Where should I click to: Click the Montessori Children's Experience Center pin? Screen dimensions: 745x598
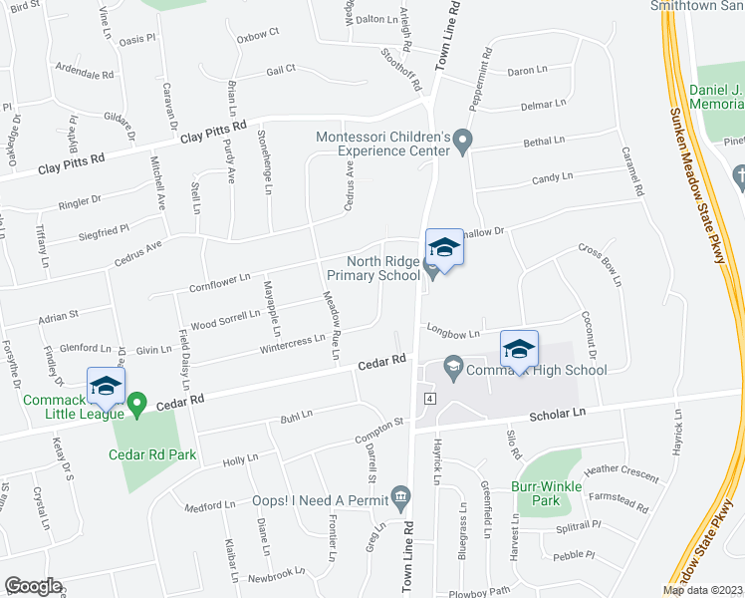[463, 143]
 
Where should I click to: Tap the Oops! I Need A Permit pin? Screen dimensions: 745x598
[400, 494]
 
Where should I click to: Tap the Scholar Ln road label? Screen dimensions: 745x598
[560, 412]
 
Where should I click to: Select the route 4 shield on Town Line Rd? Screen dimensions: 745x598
[427, 398]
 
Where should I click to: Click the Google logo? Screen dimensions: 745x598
[33, 585]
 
